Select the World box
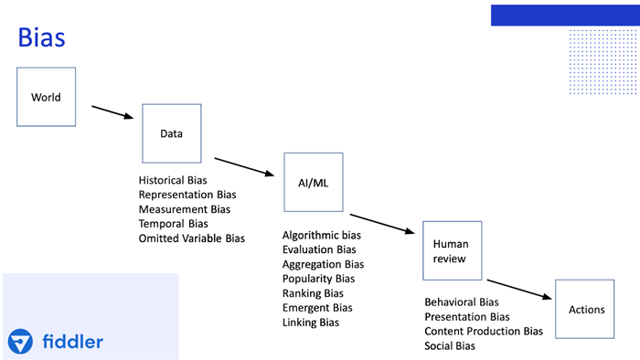(46, 97)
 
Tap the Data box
(171, 133)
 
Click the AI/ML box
(313, 183)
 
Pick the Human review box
(450, 251)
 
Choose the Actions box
(585, 309)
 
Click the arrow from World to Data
(115, 112)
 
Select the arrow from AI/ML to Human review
(384, 223)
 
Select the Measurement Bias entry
(184, 209)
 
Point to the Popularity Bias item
(319, 279)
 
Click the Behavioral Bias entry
(461, 302)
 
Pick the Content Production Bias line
(483, 331)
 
